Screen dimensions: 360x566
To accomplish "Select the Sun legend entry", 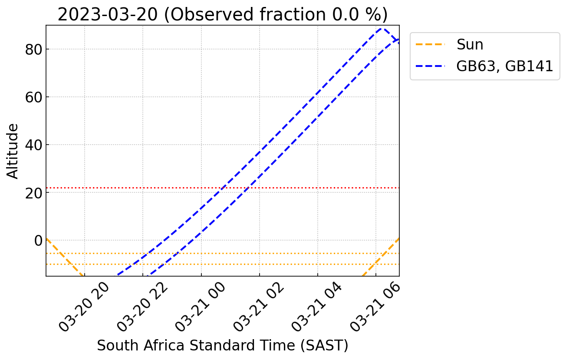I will coord(470,44).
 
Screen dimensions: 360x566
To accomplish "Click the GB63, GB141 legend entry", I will coord(504,66).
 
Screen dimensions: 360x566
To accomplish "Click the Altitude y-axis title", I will coord(13,151).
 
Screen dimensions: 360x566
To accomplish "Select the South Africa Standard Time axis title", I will coord(222,346).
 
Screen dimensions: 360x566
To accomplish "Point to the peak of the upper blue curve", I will coord(382,28).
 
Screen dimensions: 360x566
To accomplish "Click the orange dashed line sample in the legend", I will coord(431,44).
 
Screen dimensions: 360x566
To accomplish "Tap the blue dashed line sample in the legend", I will coord(431,66).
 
